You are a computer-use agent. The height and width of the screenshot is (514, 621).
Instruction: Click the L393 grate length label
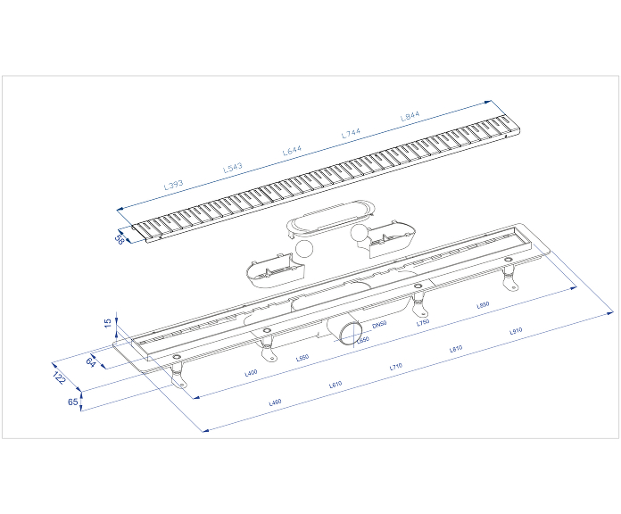tap(173, 185)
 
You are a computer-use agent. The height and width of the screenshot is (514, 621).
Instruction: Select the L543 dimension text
tap(232, 167)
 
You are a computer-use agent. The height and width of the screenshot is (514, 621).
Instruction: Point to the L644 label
tap(293, 151)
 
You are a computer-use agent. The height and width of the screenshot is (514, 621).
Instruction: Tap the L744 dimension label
tap(352, 133)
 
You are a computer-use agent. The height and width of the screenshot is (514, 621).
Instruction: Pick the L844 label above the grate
tap(410, 116)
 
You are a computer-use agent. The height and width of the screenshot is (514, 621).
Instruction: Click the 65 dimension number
tap(72, 402)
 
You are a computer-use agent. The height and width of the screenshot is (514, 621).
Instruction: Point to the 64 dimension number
tap(91, 361)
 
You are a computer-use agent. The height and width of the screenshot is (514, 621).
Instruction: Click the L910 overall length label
tap(515, 331)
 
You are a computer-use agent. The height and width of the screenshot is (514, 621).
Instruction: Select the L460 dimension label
tap(275, 403)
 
